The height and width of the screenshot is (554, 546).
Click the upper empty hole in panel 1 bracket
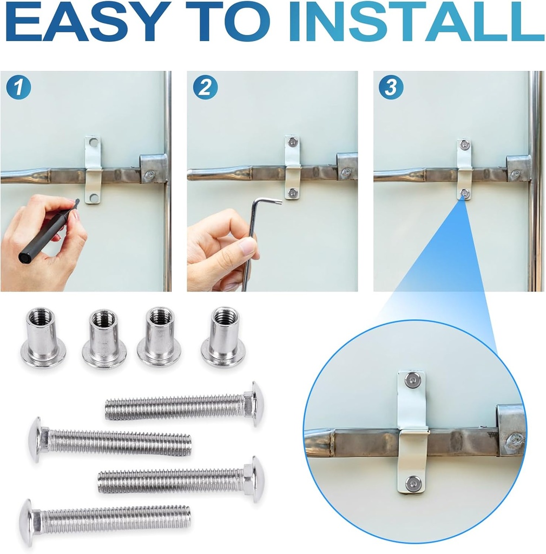tap(94, 143)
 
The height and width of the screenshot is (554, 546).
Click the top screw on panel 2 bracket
tap(293, 142)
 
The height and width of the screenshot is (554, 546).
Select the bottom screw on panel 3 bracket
tap(464, 193)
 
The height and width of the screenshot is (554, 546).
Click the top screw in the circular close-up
tap(413, 381)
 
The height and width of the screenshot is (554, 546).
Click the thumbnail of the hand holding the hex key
tap(272, 181)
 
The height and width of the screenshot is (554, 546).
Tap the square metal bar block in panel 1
tap(153, 169)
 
